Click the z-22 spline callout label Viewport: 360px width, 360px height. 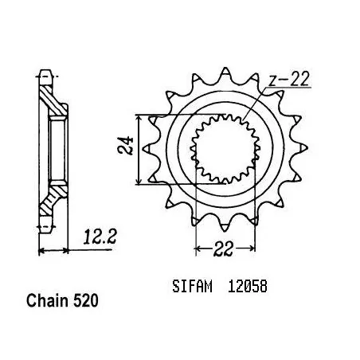(288, 79)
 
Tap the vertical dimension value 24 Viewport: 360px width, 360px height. (125, 146)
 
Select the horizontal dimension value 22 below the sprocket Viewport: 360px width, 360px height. (224, 248)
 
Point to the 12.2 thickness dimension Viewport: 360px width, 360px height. (100, 237)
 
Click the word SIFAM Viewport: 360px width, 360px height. (192, 287)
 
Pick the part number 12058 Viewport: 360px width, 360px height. (248, 287)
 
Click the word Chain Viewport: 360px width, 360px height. (48, 300)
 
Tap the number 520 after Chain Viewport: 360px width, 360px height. (86, 300)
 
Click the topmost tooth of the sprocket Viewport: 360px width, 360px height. (225, 73)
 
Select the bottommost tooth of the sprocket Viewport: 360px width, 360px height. (225, 225)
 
